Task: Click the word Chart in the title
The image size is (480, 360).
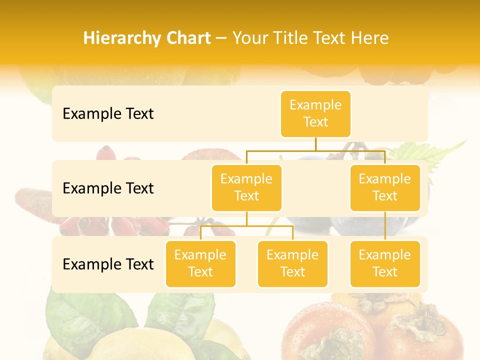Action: coord(185,38)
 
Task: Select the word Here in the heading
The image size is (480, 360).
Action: coord(369,38)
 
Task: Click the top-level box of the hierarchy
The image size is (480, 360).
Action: coord(315,113)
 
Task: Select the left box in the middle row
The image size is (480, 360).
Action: coord(246,187)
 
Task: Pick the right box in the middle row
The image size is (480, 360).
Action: coord(385,187)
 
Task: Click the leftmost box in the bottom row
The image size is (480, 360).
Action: coord(200,263)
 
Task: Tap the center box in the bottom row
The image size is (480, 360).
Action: coord(292,263)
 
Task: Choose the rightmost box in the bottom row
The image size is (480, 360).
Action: coord(385,263)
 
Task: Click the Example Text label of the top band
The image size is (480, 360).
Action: coord(108,114)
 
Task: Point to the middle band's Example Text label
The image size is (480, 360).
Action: coord(108,188)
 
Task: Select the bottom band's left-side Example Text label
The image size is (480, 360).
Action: coord(108,264)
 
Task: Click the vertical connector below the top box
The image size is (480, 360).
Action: coord(315,144)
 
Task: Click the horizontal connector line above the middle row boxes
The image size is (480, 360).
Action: coord(280,150)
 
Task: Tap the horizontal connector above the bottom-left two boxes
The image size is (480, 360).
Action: coord(246,226)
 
